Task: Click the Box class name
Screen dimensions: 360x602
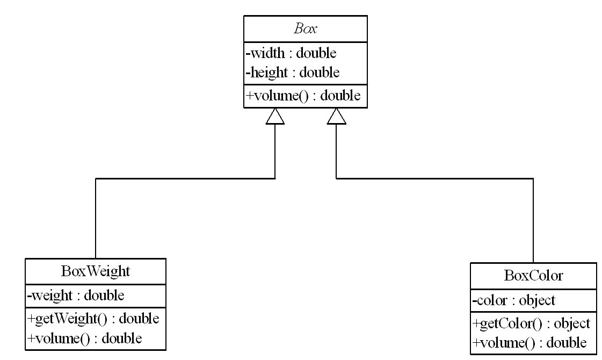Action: point(305,29)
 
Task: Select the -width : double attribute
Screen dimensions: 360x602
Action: point(291,53)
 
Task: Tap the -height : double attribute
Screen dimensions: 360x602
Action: point(293,72)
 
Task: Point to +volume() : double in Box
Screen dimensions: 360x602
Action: point(303,96)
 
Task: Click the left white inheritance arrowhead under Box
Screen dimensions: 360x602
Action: point(275,116)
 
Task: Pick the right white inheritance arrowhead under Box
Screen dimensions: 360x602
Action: point(337,116)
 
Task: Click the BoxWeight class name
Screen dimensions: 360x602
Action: point(96,271)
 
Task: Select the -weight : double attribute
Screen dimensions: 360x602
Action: point(75,295)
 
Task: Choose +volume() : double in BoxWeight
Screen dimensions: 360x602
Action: point(85,338)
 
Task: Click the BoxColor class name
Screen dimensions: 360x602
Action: point(533,276)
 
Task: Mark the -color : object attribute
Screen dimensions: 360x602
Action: point(514,300)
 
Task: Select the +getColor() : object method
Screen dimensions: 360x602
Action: point(531,323)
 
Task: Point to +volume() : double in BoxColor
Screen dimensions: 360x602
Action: point(530,343)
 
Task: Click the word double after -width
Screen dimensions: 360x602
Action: point(316,53)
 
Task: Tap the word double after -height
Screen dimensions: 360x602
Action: point(320,72)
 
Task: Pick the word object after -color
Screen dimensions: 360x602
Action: point(537,300)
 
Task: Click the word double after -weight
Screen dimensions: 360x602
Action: point(104,295)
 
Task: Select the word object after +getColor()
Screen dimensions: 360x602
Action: point(572,323)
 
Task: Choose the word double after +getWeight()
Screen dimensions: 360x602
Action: point(139,319)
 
